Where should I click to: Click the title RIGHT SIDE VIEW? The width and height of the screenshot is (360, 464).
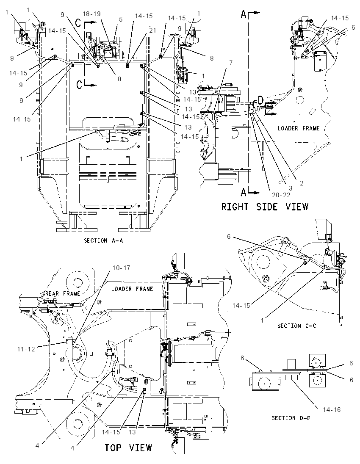[x=265, y=206]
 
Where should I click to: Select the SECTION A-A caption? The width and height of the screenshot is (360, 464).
[x=103, y=240]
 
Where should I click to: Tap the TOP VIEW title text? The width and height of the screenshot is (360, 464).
[x=128, y=448]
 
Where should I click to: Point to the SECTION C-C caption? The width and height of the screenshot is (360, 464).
[x=296, y=326]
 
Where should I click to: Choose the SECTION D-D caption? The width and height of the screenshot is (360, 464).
[x=291, y=418]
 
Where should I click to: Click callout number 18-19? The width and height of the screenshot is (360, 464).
[x=91, y=14]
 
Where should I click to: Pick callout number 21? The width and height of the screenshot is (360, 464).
[x=152, y=30]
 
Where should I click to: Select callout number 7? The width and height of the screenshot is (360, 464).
[x=231, y=63]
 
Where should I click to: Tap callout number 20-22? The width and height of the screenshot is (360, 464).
[x=281, y=195]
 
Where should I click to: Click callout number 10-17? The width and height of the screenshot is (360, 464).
[x=121, y=268]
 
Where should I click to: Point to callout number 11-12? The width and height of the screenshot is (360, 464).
[x=26, y=349]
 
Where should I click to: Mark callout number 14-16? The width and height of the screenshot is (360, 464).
[x=332, y=410]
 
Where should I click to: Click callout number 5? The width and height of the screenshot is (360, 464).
[x=120, y=19]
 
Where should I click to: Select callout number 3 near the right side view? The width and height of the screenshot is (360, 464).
[x=291, y=188]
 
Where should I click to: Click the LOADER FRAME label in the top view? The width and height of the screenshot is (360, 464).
[x=132, y=289]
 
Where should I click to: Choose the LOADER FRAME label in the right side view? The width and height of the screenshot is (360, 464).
[x=299, y=128]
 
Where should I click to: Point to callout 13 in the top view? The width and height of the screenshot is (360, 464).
[x=132, y=432]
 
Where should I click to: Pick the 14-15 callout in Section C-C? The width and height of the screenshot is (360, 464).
[x=241, y=306]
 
